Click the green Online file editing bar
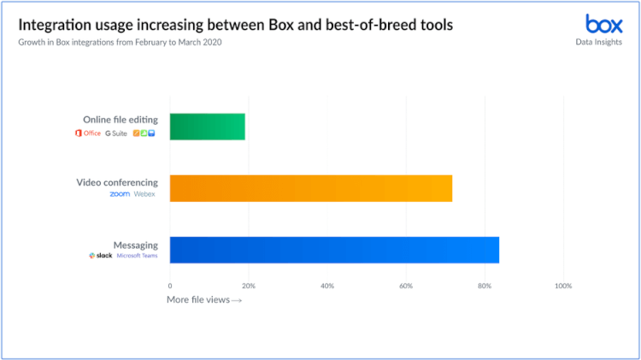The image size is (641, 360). [x=208, y=127]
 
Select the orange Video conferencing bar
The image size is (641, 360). [x=310, y=188]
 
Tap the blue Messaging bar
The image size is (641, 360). [x=334, y=250]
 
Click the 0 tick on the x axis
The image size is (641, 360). [x=170, y=285]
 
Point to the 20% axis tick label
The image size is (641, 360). [x=249, y=285]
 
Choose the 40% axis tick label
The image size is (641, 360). [x=327, y=285]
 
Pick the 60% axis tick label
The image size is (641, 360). [x=406, y=285]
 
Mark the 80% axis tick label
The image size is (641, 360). [x=485, y=285]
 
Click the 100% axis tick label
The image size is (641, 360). [x=562, y=285]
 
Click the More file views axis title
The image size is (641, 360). [x=204, y=299]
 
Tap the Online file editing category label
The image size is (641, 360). [x=121, y=120]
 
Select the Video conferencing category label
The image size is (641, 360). [x=117, y=181]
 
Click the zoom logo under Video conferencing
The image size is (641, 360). [x=119, y=194]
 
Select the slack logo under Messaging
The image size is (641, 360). [x=100, y=256]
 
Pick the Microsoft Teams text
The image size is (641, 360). [x=138, y=256]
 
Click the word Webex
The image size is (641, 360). [x=145, y=194]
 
